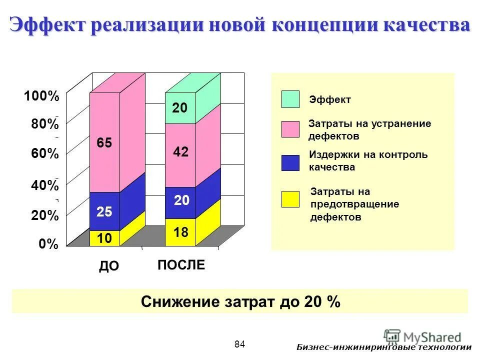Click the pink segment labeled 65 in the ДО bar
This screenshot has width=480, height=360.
click(x=104, y=142)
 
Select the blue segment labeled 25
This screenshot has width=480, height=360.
click(x=104, y=211)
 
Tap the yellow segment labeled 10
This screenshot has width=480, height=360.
click(x=104, y=238)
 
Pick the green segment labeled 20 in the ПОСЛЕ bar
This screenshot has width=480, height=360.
click(x=180, y=108)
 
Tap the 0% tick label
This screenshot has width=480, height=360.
click(x=48, y=244)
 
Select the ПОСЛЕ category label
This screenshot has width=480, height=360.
click(x=181, y=265)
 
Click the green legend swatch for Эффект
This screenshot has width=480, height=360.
click(x=290, y=99)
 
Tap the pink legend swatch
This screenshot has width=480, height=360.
click(x=290, y=129)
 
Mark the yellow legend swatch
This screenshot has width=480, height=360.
click(x=290, y=199)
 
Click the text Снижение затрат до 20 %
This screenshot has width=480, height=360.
click(x=240, y=302)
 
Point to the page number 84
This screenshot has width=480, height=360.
click(x=239, y=344)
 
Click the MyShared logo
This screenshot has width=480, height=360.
click(x=422, y=336)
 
